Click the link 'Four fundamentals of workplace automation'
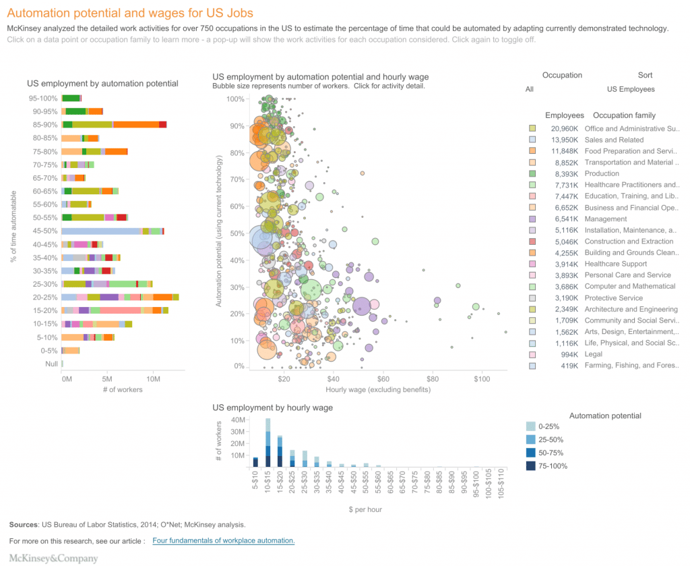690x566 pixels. tap(224, 541)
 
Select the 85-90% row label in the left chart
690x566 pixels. tap(46, 125)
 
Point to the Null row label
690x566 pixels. tap(51, 364)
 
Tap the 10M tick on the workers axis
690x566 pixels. tap(152, 379)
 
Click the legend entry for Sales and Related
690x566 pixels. tap(614, 140)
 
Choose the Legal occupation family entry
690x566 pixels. tap(594, 354)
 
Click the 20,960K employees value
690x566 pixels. tap(564, 128)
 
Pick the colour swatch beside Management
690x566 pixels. tap(532, 219)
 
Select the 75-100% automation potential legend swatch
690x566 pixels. tap(532, 465)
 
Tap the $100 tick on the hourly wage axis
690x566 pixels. tap(482, 380)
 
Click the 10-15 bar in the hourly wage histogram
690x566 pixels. tap(268, 443)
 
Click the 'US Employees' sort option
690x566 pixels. tap(631, 89)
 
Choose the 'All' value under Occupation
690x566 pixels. tap(530, 89)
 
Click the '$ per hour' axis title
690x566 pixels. tap(364, 510)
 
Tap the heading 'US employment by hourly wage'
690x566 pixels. tap(272, 407)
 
